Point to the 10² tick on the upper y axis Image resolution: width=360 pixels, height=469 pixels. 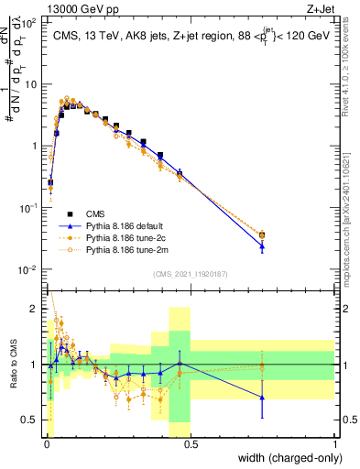tap(29, 21)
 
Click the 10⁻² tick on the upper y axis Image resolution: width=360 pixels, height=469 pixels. tap(29, 269)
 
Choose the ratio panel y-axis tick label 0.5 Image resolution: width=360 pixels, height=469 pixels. tap(31, 420)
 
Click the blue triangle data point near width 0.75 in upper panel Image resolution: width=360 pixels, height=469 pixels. tap(263, 245)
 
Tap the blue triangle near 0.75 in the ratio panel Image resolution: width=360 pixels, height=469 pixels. tap(263, 398)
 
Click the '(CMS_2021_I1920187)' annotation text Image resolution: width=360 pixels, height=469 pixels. tap(190, 273)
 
